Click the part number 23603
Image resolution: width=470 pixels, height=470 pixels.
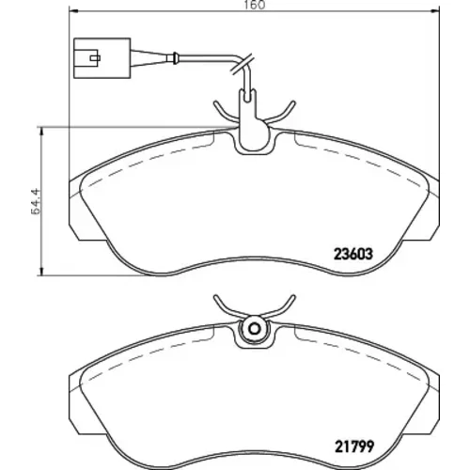(353, 254)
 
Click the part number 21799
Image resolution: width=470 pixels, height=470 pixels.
(354, 446)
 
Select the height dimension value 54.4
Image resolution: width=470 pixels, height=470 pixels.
(36, 201)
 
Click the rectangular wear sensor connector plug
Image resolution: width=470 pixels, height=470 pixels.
(102, 58)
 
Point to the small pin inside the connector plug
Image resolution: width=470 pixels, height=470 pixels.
(95, 58)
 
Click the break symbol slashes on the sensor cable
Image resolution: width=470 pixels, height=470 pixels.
(242, 65)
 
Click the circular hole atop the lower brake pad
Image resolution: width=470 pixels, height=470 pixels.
(254, 329)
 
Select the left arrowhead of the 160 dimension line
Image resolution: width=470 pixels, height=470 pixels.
(72, 11)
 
